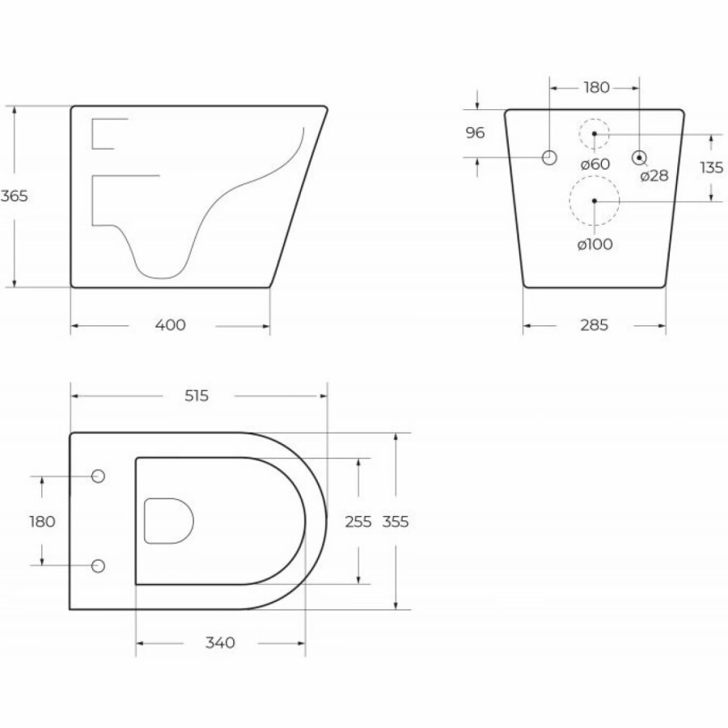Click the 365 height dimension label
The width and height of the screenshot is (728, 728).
tap(14, 196)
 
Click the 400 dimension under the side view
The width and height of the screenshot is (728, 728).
tap(171, 325)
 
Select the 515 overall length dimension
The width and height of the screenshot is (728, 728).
tap(197, 396)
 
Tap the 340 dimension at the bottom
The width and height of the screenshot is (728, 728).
tap(220, 643)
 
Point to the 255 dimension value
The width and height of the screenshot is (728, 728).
tap(358, 522)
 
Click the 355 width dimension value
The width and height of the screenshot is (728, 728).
tap(396, 522)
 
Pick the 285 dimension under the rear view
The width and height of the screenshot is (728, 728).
tap(595, 325)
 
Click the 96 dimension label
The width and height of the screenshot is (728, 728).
tap(475, 133)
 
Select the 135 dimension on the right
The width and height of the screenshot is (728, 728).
tap(712, 167)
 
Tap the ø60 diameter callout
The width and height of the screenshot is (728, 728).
tap(595, 164)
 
